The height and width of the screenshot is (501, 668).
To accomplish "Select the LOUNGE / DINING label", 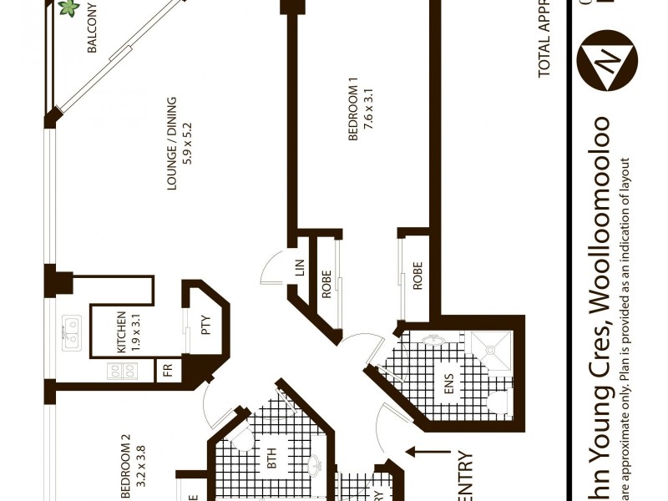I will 172,144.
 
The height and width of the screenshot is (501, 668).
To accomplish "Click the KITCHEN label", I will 121,331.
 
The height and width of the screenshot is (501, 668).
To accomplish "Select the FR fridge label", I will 167,370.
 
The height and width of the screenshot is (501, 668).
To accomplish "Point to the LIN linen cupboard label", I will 299,268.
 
